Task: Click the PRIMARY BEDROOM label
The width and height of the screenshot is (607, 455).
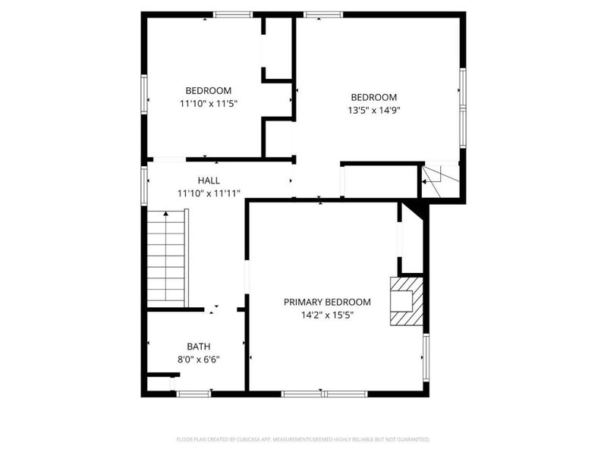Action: pyautogui.click(x=327, y=302)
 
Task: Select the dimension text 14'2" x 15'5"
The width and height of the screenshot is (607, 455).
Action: pyautogui.click(x=327, y=315)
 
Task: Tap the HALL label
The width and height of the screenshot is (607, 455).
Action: pyautogui.click(x=209, y=180)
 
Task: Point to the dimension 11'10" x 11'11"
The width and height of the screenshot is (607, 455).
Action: pyautogui.click(x=209, y=193)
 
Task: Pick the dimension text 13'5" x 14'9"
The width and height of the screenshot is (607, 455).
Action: pyautogui.click(x=373, y=110)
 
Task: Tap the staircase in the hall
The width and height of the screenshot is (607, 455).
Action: pyautogui.click(x=166, y=258)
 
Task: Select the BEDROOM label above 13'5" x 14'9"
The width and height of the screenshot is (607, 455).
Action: pyautogui.click(x=373, y=97)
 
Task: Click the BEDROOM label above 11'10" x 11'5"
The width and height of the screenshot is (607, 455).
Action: pyautogui.click(x=209, y=90)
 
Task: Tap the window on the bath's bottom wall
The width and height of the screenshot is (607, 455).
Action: pyautogui.click(x=193, y=393)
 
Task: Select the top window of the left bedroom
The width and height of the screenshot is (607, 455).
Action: pyautogui.click(x=232, y=14)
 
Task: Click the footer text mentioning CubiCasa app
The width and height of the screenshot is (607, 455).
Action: pyautogui.click(x=303, y=439)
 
